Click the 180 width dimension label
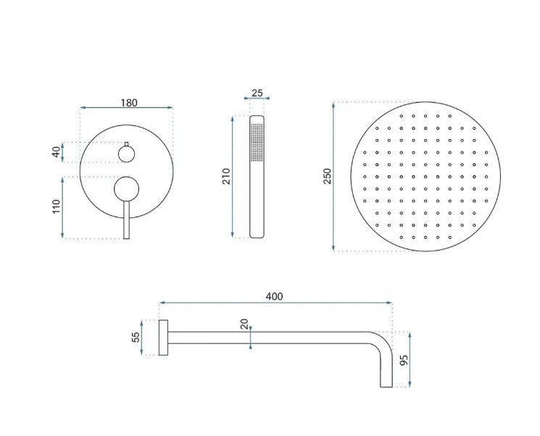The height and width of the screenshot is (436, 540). point(129,103)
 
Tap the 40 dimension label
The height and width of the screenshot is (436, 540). point(56,152)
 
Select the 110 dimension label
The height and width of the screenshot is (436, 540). point(56,206)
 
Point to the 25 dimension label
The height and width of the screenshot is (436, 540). point(257,93)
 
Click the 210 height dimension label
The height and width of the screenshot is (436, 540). point(226,176)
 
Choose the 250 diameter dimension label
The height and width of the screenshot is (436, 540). point(327,176)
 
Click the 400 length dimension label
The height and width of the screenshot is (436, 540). point(275,296)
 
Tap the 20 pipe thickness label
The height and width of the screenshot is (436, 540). point(244,324)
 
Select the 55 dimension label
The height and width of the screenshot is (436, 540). point(136,337)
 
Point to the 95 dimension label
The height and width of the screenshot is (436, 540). point(404,360)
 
